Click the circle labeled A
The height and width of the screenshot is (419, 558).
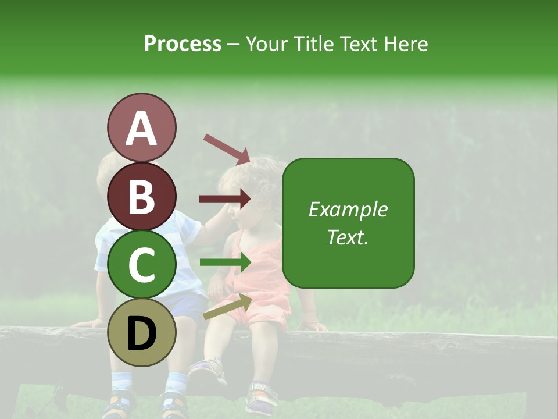141,127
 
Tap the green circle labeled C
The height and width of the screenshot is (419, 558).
141,264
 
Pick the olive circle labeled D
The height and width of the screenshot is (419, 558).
141,332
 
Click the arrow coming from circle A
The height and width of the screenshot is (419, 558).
227,149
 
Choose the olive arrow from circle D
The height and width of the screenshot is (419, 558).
227,306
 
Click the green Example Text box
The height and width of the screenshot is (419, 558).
348,223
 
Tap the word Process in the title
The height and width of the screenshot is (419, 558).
183,44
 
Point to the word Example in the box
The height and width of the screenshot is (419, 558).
348,210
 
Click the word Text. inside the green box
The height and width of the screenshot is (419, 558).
348,237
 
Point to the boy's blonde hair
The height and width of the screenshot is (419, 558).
105,166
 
